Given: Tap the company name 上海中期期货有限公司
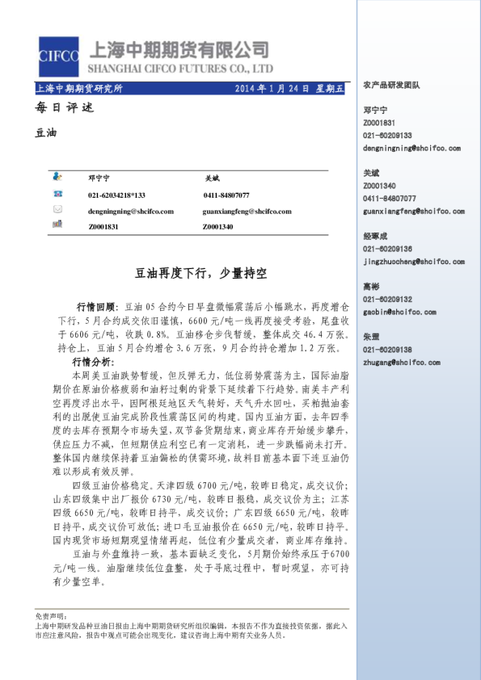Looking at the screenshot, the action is pyautogui.click(x=182, y=49).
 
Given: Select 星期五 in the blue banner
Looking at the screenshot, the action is pyautogui.click(x=328, y=88).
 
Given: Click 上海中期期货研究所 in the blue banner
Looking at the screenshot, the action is pyautogui.click(x=80, y=88).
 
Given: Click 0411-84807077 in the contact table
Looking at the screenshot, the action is pyautogui.click(x=226, y=195).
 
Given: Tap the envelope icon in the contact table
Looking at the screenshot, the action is pyautogui.click(x=57, y=210).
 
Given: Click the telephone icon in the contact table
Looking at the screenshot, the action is pyautogui.click(x=57, y=195).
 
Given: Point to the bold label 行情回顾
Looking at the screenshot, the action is pyautogui.click(x=95, y=308).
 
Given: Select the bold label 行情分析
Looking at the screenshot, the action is pyautogui.click(x=93, y=361).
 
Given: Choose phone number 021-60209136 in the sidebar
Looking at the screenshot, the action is pyautogui.click(x=388, y=250).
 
